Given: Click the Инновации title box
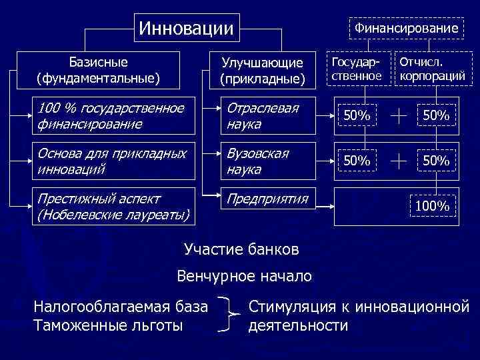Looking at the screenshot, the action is click(186, 29).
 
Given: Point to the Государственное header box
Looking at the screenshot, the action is click(357, 69).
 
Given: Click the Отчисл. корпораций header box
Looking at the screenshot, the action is click(430, 69).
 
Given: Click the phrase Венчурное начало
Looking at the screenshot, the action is click(244, 276).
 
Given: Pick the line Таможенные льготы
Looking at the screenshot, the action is click(108, 325).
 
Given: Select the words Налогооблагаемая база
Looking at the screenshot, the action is click(121, 307).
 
